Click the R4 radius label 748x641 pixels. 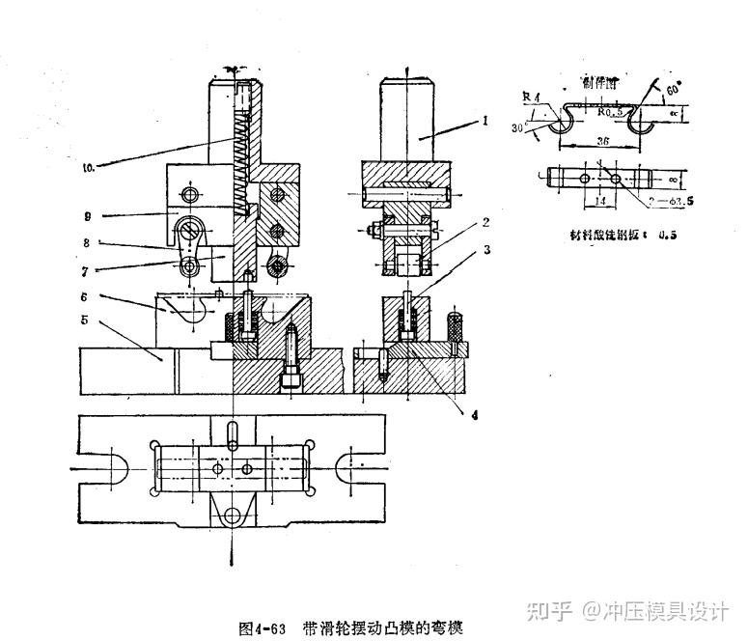pyautogui.click(x=527, y=97)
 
